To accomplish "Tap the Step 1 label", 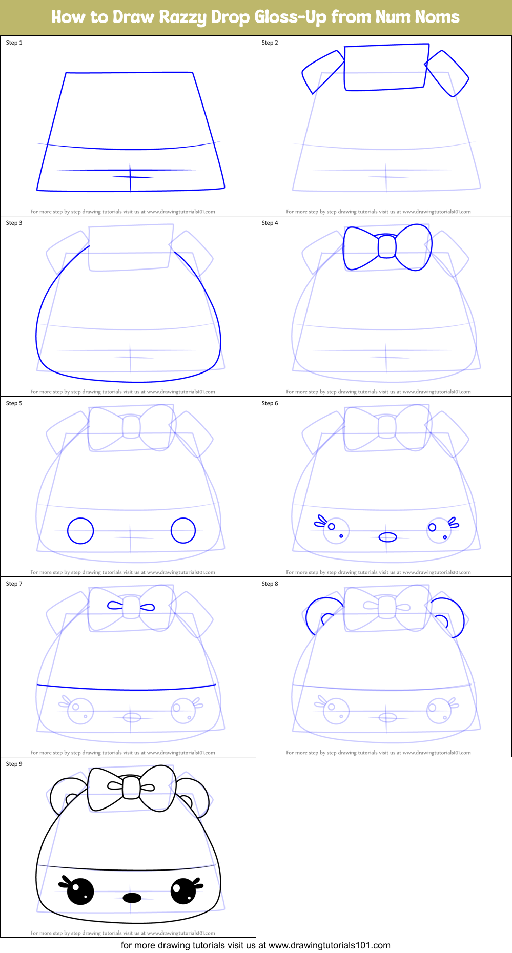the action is pyautogui.click(x=14, y=43).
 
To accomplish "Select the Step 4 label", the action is pyautogui.click(x=270, y=223).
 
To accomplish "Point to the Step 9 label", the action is pyautogui.click(x=14, y=764).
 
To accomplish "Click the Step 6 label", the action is pyautogui.click(x=270, y=403).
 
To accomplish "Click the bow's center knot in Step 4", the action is pyautogui.click(x=387, y=246).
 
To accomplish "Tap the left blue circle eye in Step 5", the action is pyautogui.click(x=80, y=530).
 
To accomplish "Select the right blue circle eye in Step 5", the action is pyautogui.click(x=183, y=530).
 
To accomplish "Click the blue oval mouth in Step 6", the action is pyautogui.click(x=388, y=537).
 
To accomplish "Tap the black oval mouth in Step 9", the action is pyautogui.click(x=132, y=898).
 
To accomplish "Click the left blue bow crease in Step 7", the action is pyautogui.click(x=115, y=606).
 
